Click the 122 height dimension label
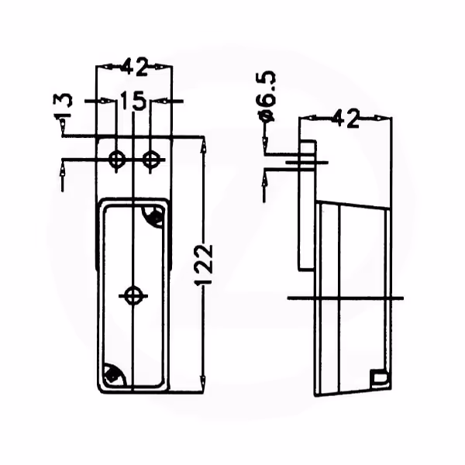coord(204,264)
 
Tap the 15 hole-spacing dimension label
coord(133,100)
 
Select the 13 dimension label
coord(63,105)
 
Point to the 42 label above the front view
coord(134,67)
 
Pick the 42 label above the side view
coord(346,119)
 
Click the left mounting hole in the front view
coord(116,160)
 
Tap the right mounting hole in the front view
coord(150,160)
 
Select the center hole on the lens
coord(133,296)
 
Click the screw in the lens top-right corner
coord(155,216)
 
